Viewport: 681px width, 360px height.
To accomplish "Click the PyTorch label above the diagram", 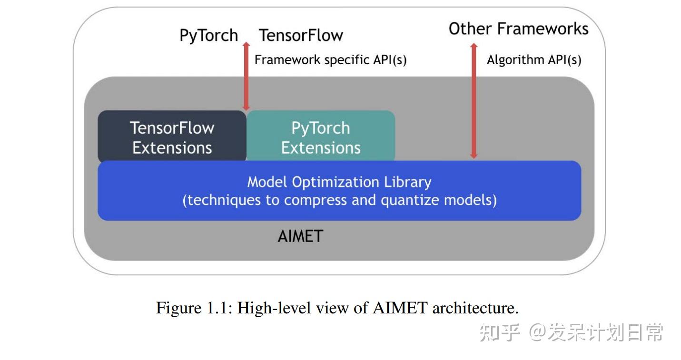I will coord(208,36).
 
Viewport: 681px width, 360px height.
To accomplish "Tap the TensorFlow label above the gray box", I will coord(301,36).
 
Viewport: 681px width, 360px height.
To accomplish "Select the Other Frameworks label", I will coord(518,29).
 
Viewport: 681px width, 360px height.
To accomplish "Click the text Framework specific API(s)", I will coord(330,60).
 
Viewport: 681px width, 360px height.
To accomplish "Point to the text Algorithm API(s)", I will coord(533,60).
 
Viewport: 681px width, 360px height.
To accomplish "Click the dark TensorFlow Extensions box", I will coord(172,137).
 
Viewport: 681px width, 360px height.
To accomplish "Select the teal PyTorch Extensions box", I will coord(320,137).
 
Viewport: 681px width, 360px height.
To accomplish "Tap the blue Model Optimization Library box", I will coord(339,191).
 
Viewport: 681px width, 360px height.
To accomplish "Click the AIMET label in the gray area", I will coord(300,236).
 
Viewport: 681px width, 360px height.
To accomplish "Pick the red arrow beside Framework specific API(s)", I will coord(246,76).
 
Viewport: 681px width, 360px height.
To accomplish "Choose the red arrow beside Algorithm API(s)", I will coord(474,100).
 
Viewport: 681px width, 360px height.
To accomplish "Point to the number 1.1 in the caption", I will coord(217,308).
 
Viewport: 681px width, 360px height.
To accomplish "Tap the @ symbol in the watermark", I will coord(537,332).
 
